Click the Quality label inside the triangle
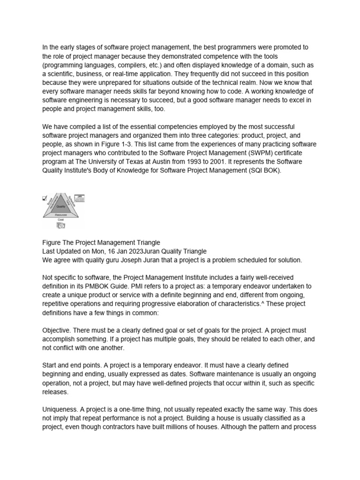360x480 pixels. point(61,206)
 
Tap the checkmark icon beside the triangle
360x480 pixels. point(45,198)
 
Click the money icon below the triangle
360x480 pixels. point(61,226)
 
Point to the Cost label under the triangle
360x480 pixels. point(61,219)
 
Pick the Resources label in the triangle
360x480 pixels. point(61,214)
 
